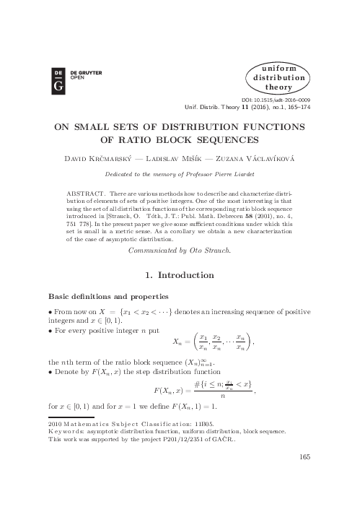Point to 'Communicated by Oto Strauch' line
point(180,250)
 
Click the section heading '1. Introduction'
point(179,275)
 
